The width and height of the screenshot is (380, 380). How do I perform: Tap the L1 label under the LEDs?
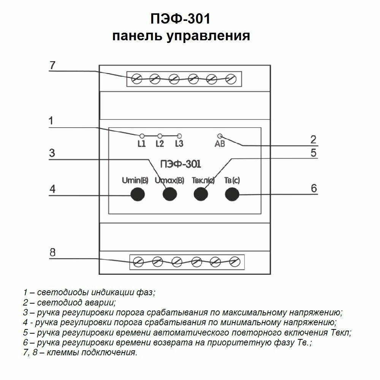click(x=141, y=144)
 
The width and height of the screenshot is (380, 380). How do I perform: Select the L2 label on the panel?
click(x=160, y=144)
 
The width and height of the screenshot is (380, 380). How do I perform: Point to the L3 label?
click(x=179, y=144)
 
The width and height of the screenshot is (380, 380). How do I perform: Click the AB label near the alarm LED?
click(x=220, y=144)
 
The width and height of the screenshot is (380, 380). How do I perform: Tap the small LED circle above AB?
click(x=220, y=136)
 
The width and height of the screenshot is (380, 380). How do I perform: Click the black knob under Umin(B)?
click(x=138, y=194)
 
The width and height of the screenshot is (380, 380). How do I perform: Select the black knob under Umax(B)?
click(x=169, y=194)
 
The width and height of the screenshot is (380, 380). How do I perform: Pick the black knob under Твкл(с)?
click(x=201, y=194)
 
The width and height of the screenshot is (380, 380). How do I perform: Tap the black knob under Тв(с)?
click(x=232, y=194)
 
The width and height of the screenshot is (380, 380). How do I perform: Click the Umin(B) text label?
click(x=135, y=180)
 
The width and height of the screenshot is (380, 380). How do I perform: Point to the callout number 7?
click(x=52, y=65)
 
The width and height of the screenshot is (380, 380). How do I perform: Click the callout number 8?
click(x=52, y=252)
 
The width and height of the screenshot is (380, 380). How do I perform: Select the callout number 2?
click(x=313, y=139)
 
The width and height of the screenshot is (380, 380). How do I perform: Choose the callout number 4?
click(x=52, y=189)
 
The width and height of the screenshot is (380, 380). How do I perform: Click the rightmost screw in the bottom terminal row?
click(x=235, y=261)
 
